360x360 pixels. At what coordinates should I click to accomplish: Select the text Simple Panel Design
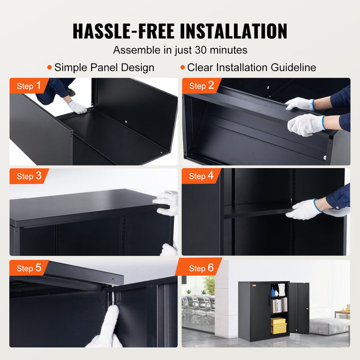pos(104,67)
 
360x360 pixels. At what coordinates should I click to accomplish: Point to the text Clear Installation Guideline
pos(251,67)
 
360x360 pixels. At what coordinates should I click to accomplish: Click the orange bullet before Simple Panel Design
pos(49,67)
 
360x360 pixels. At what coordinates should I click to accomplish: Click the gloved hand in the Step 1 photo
pos(78,107)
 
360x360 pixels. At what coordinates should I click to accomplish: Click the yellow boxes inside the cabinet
pos(278,325)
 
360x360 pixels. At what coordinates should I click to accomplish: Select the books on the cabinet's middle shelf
pos(278,305)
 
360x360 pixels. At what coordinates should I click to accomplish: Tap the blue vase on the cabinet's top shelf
pos(273,292)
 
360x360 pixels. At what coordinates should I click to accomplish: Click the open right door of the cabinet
pos(299,308)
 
